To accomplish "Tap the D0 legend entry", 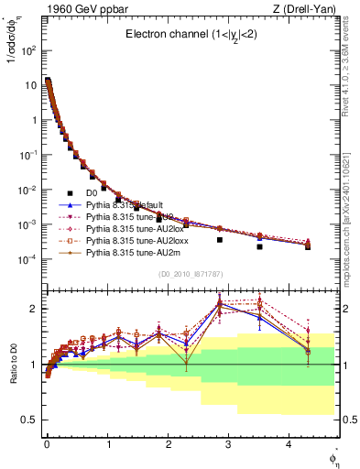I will point(92,193).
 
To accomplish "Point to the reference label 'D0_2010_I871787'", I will point(190,274).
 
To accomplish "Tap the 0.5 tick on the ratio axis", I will point(29,420).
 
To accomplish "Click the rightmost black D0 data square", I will point(308,247).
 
